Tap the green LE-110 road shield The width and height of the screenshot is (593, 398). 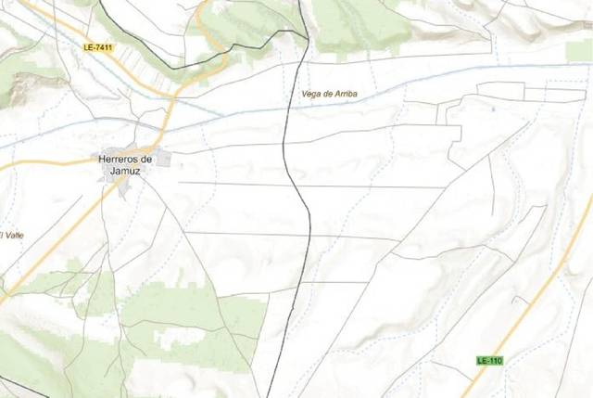click(489, 360)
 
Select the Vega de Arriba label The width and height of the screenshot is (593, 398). click(329, 95)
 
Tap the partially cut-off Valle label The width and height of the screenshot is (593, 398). click(11, 236)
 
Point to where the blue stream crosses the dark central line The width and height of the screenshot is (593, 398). click(287, 110)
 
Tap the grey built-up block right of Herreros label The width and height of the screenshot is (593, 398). click(164, 160)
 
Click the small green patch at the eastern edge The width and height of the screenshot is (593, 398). click(580, 51)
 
